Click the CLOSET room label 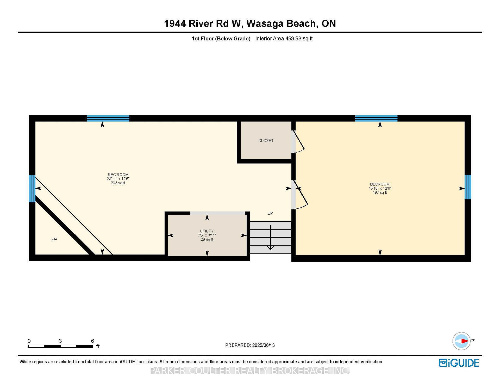coord(266,141)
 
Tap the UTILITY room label coord(207,231)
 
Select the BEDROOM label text coord(380,184)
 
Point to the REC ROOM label coord(118,175)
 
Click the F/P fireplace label coord(54,239)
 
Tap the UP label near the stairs coord(270,213)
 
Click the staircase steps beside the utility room coord(270,237)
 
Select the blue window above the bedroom coord(376,118)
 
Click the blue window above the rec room coord(108,118)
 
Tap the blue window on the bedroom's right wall coord(468,187)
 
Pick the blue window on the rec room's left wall coord(32,189)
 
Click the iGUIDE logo coord(459,363)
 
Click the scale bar coord(60,346)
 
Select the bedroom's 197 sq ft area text coord(380,192)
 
